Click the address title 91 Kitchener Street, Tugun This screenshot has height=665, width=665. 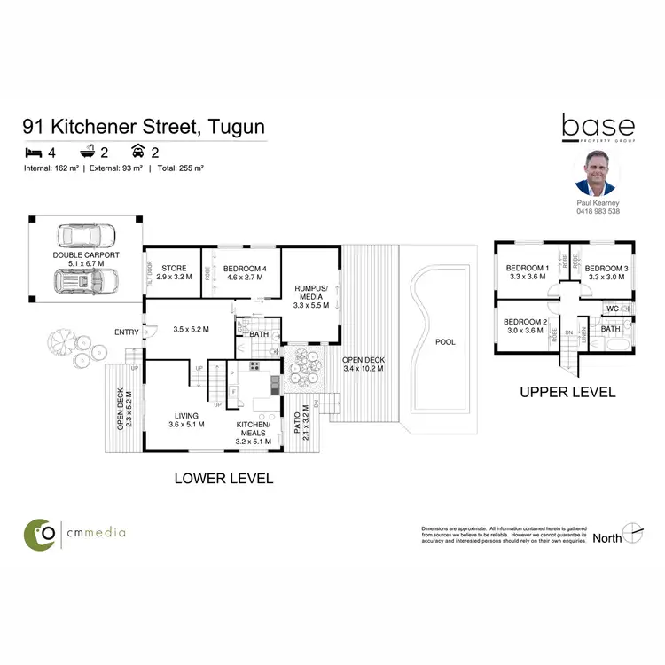pos(144,126)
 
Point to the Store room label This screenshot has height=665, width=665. pos(174,268)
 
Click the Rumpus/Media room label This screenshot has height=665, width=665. pos(311,296)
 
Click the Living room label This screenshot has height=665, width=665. pos(186,419)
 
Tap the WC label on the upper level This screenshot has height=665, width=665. pos(611,309)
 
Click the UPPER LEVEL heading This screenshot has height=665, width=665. pos(567,392)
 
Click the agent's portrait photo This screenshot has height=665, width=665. pos(597,172)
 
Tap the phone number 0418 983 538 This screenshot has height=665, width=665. pos(597,211)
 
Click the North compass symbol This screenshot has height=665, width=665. pos(632,533)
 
